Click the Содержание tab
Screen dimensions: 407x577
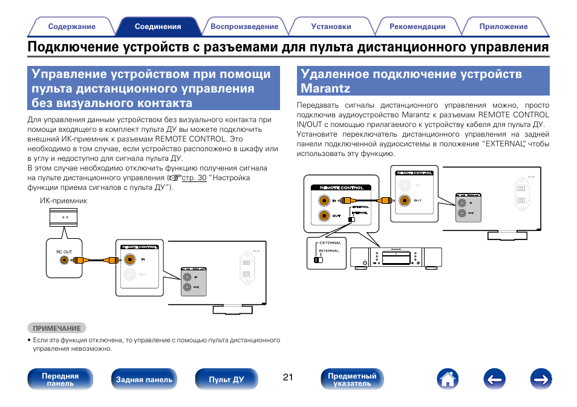coord(71,27)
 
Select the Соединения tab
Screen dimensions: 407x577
coord(158,27)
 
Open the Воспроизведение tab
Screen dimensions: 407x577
coord(244,27)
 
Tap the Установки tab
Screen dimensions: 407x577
coord(331,27)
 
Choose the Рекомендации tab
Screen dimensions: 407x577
coord(417,27)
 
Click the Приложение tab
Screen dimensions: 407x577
coord(503,27)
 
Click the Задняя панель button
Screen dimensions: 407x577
coord(144,380)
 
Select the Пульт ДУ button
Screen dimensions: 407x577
coord(226,380)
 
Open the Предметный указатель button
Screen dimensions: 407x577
coord(352,380)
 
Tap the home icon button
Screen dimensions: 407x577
coord(446,380)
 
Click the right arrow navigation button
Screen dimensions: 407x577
coord(541,380)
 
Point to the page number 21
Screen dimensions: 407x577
coord(287,377)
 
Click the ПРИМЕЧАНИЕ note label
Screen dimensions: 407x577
coord(57,328)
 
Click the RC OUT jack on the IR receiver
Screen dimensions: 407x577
coord(64,261)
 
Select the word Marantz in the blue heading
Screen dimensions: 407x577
coord(325,89)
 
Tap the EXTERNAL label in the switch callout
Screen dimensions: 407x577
coord(330,243)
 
